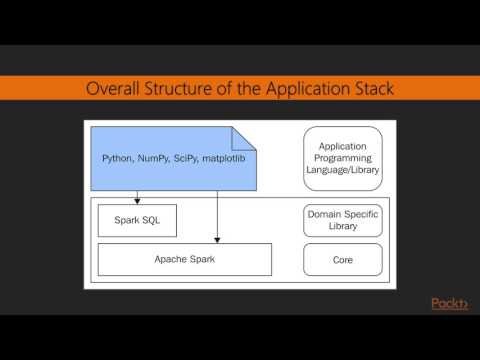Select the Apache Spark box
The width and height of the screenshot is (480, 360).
tap(185, 259)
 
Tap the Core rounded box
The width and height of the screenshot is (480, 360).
tap(343, 259)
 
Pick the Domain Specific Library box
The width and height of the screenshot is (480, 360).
tap(343, 220)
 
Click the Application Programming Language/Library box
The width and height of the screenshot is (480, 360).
tap(343, 158)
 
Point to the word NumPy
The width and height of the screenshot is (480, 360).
tap(150, 158)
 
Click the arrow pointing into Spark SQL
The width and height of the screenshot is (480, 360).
tap(137, 200)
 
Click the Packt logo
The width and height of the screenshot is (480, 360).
tap(449, 304)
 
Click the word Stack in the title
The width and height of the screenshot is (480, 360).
tap(369, 89)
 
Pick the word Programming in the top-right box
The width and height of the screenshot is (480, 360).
tap(343, 158)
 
